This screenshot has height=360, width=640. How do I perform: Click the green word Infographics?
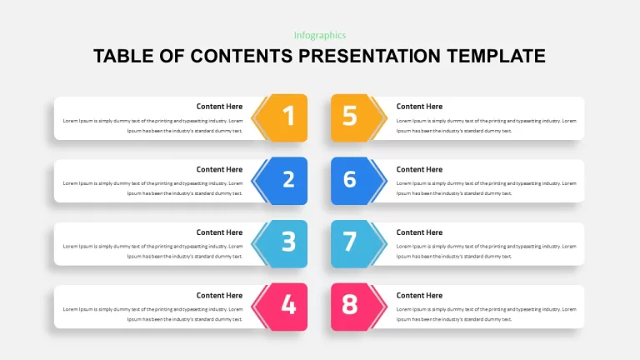[320, 36]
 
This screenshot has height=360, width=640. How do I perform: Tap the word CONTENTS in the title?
[241, 57]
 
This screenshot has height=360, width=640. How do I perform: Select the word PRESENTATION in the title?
[369, 57]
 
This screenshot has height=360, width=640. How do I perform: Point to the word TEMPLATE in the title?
[496, 57]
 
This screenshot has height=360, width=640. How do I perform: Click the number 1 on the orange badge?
[289, 116]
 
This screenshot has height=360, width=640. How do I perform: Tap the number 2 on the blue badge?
[288, 179]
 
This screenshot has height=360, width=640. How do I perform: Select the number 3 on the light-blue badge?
[288, 242]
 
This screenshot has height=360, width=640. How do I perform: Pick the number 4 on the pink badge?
[288, 304]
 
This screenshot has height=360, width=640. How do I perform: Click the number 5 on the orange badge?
[350, 116]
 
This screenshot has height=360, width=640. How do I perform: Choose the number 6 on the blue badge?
[350, 179]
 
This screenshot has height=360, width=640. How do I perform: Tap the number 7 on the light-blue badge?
[350, 242]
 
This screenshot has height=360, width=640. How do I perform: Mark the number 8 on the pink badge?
[350, 304]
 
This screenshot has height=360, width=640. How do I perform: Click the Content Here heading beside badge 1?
[219, 107]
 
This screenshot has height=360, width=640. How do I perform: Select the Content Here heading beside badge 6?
[419, 169]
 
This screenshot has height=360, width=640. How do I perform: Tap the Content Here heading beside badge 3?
[219, 232]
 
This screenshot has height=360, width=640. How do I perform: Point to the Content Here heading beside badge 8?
[419, 296]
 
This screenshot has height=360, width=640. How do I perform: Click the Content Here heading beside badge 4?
[219, 296]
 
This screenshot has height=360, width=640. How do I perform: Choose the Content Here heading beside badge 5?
[419, 107]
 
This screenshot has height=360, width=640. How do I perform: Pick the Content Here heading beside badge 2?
[219, 169]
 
